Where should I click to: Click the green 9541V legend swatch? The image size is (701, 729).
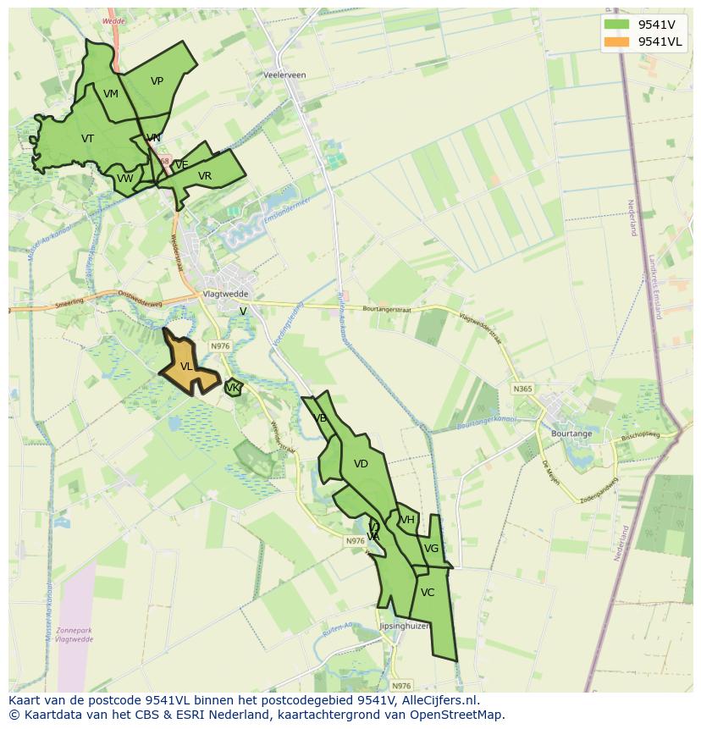(617, 25)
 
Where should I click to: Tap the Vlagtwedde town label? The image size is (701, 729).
(224, 294)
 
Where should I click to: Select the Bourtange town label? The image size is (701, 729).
(571, 434)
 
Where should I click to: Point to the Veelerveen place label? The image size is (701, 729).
(284, 75)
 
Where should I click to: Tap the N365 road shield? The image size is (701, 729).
(522, 389)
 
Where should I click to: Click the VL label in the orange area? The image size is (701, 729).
(186, 367)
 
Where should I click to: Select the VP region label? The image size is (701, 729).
(157, 81)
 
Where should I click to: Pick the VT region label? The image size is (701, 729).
(88, 139)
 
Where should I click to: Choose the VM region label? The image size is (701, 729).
(111, 94)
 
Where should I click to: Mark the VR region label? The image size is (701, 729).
(205, 176)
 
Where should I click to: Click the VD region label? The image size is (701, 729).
(361, 464)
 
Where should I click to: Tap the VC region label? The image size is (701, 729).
(428, 593)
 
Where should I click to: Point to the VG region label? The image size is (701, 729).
(431, 549)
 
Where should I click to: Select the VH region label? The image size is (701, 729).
(407, 520)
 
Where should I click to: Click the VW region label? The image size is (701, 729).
(125, 179)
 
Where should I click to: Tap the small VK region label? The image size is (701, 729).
(232, 388)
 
